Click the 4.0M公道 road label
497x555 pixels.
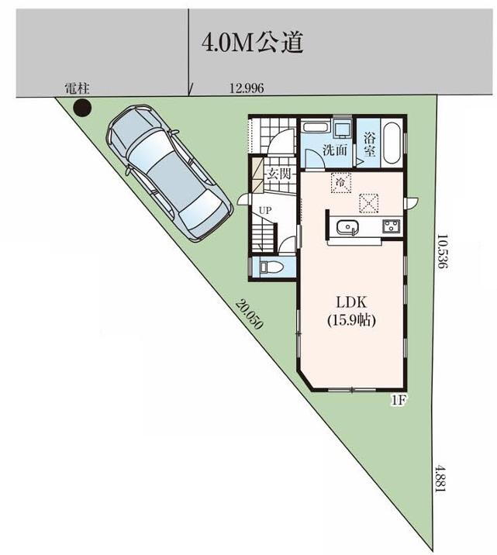click(253, 42)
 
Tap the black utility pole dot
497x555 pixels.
click(82, 107)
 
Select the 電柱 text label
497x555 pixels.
click(78, 88)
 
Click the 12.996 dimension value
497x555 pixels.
click(247, 88)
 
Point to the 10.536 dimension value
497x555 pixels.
click(441, 251)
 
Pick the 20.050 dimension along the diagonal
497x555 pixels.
click(250, 314)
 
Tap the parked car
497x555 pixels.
click(170, 172)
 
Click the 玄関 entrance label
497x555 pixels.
click(279, 174)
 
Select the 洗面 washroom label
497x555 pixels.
click(334, 150)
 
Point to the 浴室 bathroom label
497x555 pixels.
click(370, 144)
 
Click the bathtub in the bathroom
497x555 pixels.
click(392, 143)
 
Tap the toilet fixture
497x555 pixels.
click(271, 267)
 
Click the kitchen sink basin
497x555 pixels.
click(347, 226)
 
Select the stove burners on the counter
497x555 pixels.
click(391, 226)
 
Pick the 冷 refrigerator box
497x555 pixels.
click(341, 183)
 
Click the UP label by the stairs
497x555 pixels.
click(265, 211)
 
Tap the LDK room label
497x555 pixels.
click(351, 302)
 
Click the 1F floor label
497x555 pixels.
click(398, 400)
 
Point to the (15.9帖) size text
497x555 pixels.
click(351, 320)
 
